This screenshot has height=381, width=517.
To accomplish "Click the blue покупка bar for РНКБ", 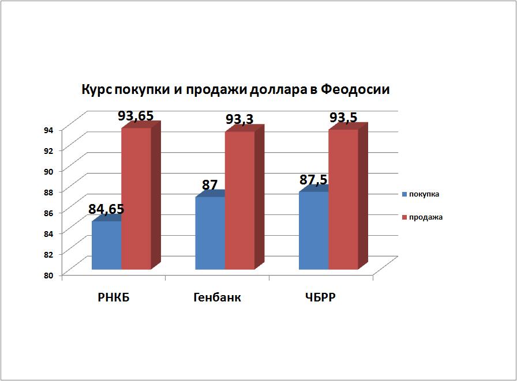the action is [107, 246].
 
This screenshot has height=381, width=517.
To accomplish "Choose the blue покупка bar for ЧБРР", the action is [313, 231].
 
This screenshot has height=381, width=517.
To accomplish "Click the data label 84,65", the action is [106, 209].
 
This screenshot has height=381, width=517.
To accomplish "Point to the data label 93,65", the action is [136, 116].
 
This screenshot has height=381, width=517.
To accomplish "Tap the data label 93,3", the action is [239, 119].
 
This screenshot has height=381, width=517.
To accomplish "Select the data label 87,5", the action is [313, 180].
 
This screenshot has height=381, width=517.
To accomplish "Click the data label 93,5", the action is [343, 117].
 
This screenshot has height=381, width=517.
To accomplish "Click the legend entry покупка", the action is [421, 194].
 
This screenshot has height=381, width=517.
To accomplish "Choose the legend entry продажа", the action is [422, 217].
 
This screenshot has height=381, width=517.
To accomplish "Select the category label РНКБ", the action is [114, 297].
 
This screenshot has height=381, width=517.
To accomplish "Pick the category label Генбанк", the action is [217, 297].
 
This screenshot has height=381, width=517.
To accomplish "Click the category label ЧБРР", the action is [320, 297].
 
